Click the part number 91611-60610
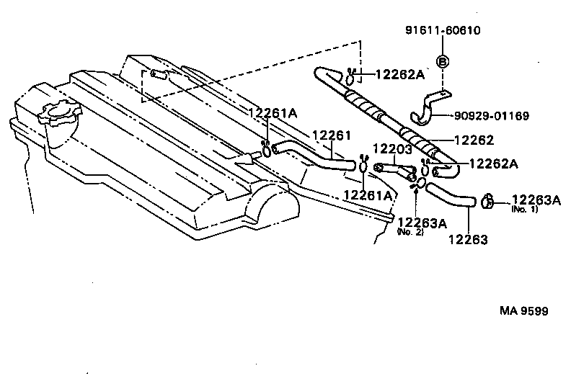(x=443, y=31)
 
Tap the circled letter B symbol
(x=443, y=62)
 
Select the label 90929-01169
(x=492, y=115)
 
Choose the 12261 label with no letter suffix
(x=331, y=135)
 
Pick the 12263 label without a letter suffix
(x=467, y=239)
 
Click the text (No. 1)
(x=525, y=210)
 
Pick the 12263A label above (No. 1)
(x=536, y=200)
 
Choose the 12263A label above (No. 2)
(x=422, y=223)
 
